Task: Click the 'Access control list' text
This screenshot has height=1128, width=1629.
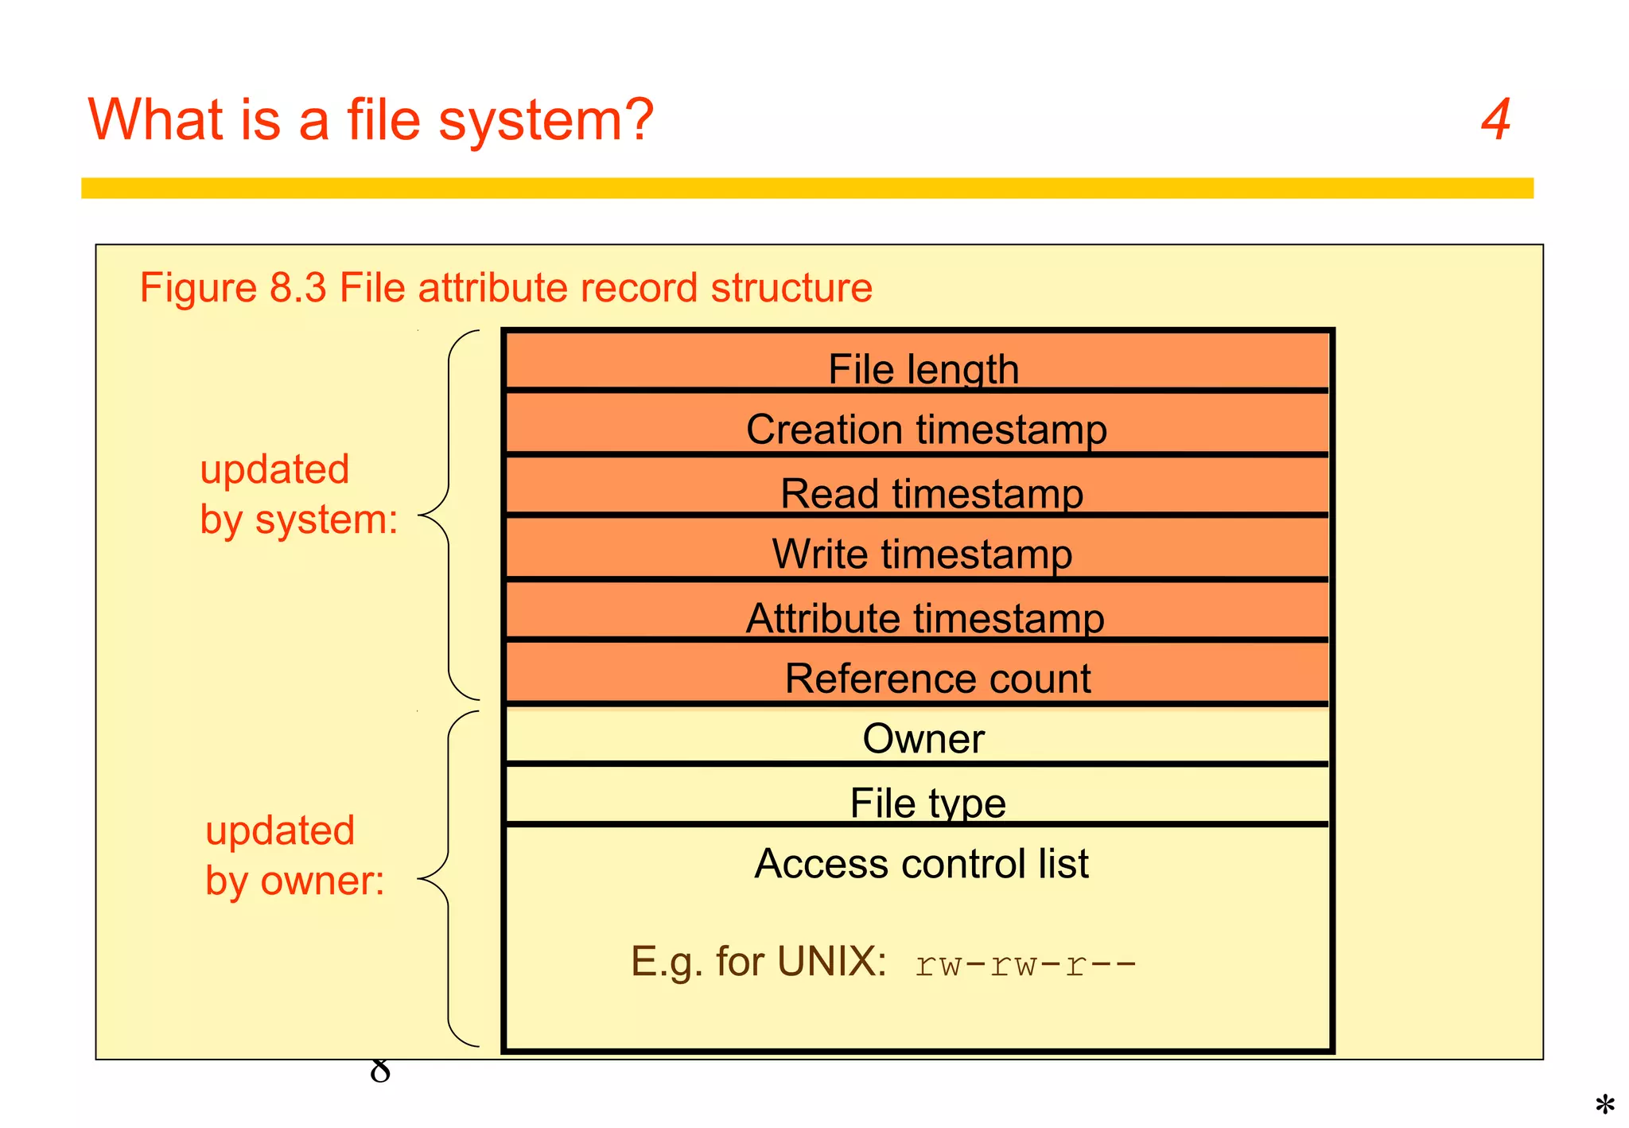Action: (921, 863)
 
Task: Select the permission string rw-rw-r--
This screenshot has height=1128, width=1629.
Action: (1025, 964)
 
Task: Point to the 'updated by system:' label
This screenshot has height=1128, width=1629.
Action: (298, 494)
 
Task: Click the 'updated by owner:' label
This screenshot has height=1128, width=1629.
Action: (294, 855)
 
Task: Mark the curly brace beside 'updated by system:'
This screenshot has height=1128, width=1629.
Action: (449, 515)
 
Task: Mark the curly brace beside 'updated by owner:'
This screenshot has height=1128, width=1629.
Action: (449, 878)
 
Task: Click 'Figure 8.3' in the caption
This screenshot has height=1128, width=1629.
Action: (232, 287)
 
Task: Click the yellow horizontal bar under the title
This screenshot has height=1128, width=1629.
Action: (807, 188)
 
